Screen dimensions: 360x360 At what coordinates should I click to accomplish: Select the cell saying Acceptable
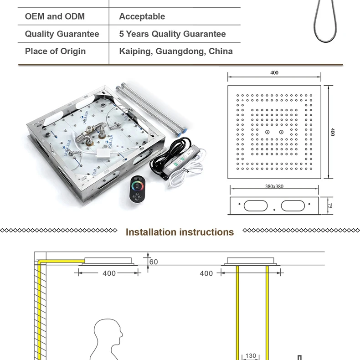(142, 16)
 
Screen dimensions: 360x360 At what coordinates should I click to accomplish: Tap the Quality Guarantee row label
(62, 34)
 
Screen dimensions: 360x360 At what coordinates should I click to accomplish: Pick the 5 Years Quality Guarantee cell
(172, 34)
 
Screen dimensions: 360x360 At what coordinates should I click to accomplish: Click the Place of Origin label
(55, 51)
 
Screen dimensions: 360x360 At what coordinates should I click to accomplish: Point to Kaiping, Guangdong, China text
(176, 51)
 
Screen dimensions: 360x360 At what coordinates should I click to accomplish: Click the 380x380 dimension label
(274, 186)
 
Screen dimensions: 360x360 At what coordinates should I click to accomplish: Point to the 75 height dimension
(332, 206)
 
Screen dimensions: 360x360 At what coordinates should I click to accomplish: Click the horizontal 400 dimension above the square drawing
(274, 73)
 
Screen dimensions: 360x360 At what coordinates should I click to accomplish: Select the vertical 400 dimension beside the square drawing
(333, 132)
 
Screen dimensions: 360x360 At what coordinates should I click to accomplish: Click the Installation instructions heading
(180, 232)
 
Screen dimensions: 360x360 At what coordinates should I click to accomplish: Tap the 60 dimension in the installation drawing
(154, 262)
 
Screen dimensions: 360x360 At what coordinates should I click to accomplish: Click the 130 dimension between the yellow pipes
(251, 356)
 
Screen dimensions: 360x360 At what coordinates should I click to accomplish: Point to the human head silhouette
(108, 335)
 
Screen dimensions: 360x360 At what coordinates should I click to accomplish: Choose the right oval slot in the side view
(292, 206)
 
